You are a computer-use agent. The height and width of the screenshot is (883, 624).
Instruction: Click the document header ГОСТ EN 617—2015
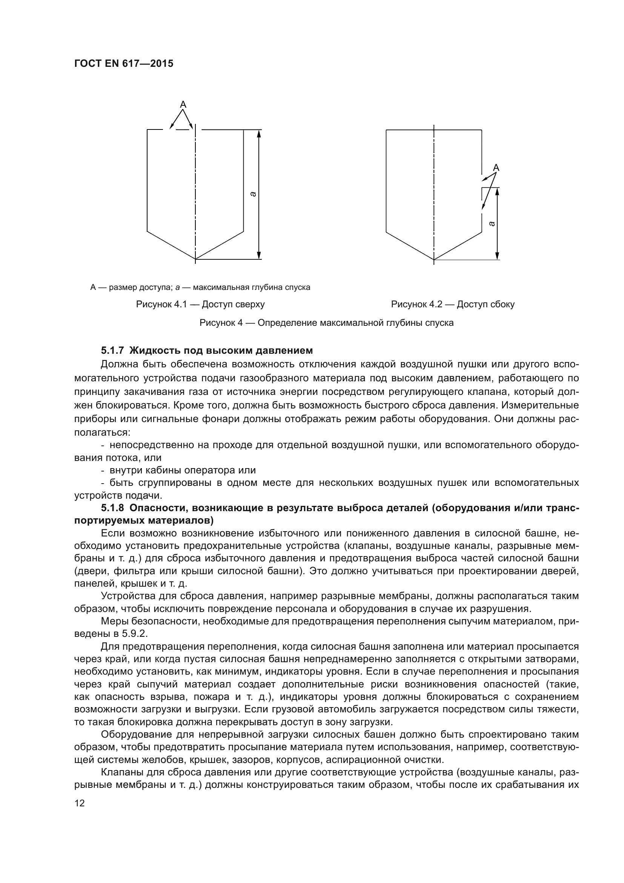tap(123, 63)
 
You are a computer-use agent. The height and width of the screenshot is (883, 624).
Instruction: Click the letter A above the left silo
tap(183, 104)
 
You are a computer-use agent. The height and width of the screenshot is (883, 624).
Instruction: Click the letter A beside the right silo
tap(496, 168)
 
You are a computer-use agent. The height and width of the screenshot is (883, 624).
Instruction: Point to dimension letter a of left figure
tap(252, 194)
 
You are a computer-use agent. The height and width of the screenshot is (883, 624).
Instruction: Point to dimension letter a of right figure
tap(492, 223)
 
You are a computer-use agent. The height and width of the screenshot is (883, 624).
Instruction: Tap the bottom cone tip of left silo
tap(195, 259)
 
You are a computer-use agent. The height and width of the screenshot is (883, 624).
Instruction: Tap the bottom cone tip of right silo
tap(434, 259)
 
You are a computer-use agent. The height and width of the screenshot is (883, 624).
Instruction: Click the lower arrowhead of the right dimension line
tap(497, 256)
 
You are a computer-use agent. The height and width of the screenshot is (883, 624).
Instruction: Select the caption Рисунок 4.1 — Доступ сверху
tap(200, 304)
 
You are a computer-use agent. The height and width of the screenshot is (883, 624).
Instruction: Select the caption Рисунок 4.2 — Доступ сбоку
tap(453, 304)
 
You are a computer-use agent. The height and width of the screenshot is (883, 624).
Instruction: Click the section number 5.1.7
tap(112, 350)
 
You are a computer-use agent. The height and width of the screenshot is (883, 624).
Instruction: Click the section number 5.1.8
tap(112, 508)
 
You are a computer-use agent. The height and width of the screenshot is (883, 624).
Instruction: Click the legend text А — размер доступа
tap(131, 287)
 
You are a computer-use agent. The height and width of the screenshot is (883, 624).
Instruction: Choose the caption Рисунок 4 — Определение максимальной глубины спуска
tap(326, 323)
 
